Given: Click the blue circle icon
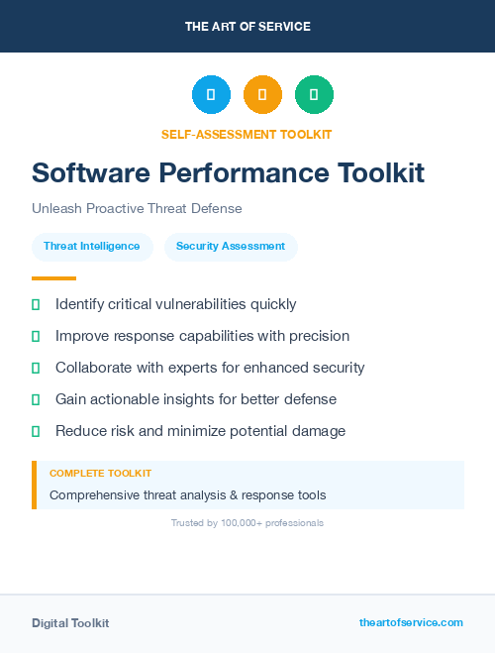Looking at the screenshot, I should pos(211,94).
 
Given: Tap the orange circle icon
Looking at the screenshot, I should pos(262,94).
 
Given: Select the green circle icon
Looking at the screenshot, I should pos(314,94).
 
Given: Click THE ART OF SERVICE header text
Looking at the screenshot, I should pos(247,26).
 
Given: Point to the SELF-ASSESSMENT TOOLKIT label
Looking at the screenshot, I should pos(247,134).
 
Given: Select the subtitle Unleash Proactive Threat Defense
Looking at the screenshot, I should pos(137,209).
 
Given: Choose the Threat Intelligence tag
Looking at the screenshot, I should pos(92,246).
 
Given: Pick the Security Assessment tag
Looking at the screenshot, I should pos(231,246).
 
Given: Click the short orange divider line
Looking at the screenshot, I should pos(53,278).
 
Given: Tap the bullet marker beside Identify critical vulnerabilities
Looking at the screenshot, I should pos(36,304).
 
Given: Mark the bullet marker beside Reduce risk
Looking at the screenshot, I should pos(36,431).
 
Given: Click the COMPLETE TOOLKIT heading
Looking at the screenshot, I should pos(100,474).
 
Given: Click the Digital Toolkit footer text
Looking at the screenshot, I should pos(70,623).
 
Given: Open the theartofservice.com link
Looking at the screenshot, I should pos(411,622).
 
